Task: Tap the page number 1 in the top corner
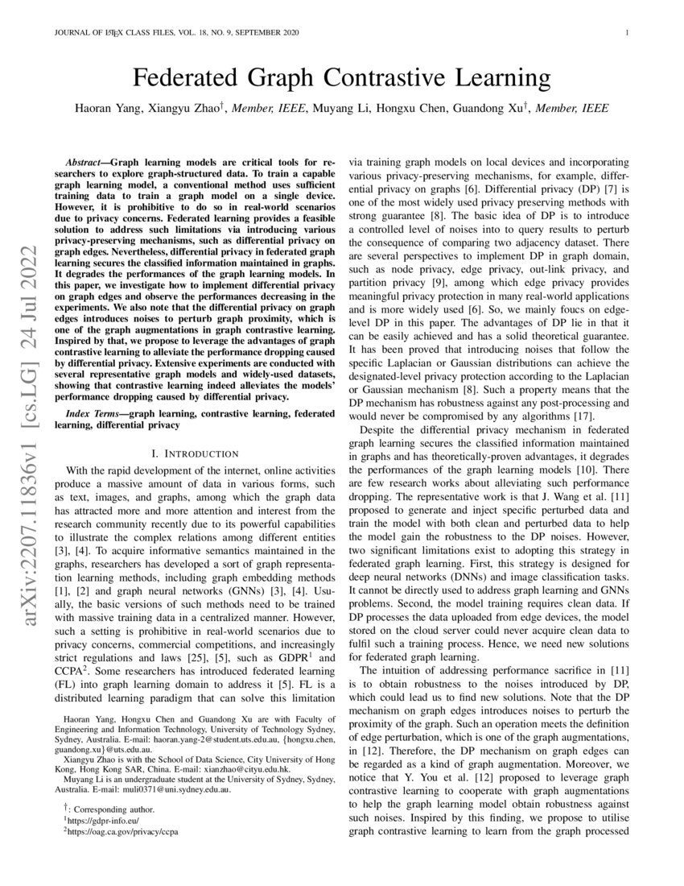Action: click(x=625, y=32)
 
